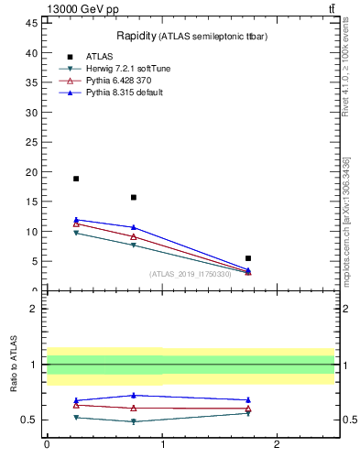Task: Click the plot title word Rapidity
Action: pos(136,36)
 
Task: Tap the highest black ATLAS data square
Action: pos(76,179)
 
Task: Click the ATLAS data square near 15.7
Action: pos(134,197)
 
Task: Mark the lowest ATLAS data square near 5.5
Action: pos(248,258)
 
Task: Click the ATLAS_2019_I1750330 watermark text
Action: pos(190,274)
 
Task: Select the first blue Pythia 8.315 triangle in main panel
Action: pos(76,220)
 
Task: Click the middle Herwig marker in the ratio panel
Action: pos(134,421)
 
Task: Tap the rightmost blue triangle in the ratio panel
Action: pos(248,399)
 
